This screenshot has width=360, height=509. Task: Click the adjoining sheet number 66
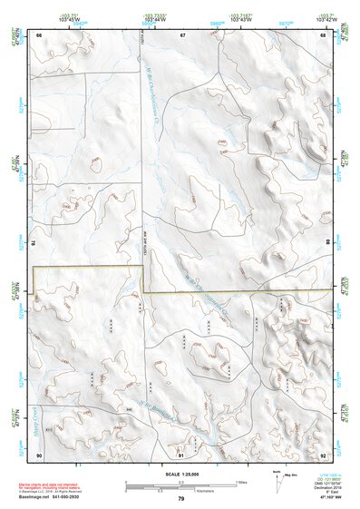[39, 34]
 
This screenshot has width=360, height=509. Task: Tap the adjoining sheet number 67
[181, 34]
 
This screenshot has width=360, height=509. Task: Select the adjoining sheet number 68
[323, 34]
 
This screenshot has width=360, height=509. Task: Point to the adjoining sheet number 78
[34, 243]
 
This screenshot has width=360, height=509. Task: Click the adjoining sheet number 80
[327, 243]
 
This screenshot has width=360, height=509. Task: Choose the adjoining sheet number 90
[39, 454]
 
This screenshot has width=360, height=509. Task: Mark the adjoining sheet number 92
[323, 454]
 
